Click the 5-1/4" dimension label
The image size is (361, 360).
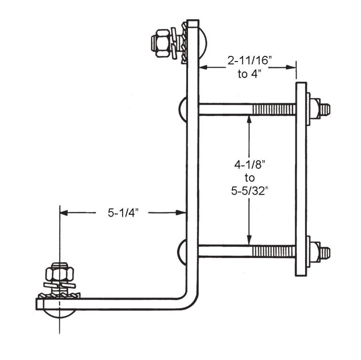point(122,213)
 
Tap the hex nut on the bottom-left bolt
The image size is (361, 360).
point(58,274)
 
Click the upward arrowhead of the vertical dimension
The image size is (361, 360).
point(249,120)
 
